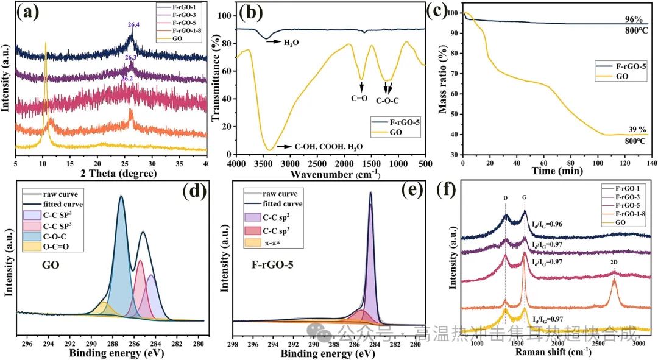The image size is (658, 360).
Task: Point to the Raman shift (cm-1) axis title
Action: pyautogui.click(x=551, y=351)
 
